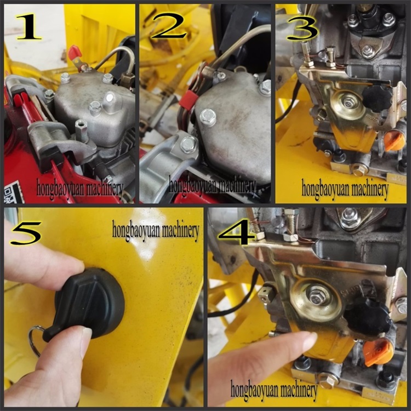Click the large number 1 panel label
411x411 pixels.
(x=29, y=27)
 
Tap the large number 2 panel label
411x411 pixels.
(x=168, y=26)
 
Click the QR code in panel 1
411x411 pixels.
(x=14, y=192)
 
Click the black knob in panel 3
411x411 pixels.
(x=376, y=95)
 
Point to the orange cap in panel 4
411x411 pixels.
(x=378, y=351)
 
